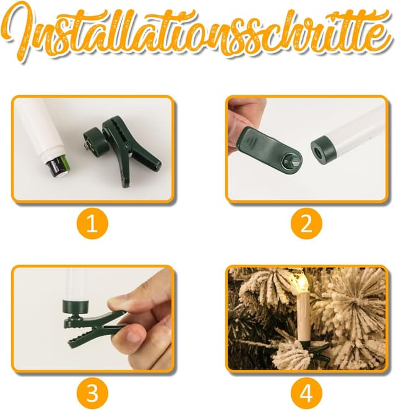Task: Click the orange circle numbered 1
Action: point(92,224)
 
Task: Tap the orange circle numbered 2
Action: point(306,224)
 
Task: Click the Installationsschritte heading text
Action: point(198,31)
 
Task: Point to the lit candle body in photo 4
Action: point(304,315)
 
